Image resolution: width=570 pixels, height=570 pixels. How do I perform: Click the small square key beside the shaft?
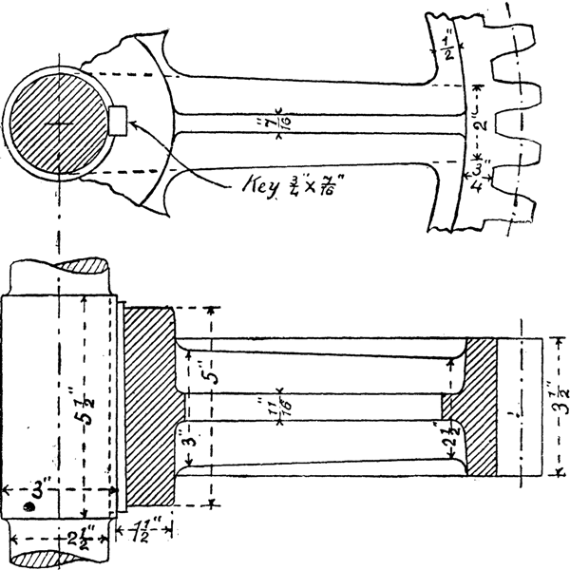point(119,121)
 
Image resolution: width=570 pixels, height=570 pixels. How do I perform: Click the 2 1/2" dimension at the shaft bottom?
point(59,538)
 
